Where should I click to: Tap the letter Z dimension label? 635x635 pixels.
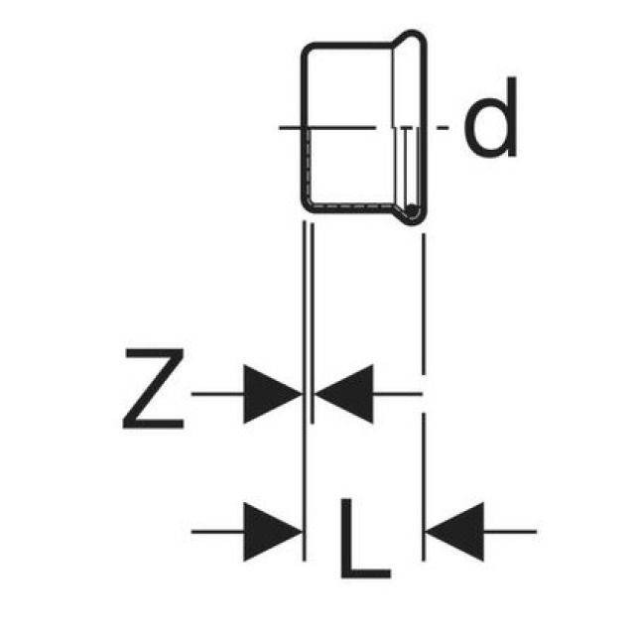click(154, 390)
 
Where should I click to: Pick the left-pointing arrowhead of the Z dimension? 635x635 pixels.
click(343, 394)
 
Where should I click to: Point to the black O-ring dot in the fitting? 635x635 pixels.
click(411, 209)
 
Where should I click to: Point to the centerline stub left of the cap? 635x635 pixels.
click(290, 127)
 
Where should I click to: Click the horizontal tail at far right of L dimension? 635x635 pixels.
click(510, 532)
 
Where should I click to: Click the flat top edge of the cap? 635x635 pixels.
click(352, 43)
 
